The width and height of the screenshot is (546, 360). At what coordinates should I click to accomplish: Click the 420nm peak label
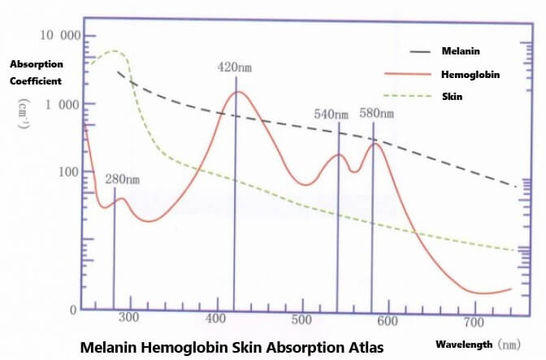pyautogui.click(x=236, y=67)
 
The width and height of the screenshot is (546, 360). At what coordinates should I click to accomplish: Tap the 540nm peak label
pyautogui.click(x=331, y=114)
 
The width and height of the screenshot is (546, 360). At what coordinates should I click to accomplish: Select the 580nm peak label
pyautogui.click(x=376, y=114)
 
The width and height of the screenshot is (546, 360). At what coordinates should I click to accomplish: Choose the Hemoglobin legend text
pyautogui.click(x=470, y=74)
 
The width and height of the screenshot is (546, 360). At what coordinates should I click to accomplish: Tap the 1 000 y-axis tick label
pyautogui.click(x=63, y=104)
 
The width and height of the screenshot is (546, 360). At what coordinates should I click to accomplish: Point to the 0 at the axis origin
pyautogui.click(x=72, y=310)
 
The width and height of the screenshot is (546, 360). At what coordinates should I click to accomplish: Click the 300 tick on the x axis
pyautogui.click(x=129, y=317)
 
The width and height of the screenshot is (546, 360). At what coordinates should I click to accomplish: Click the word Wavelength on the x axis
pyautogui.click(x=464, y=344)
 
